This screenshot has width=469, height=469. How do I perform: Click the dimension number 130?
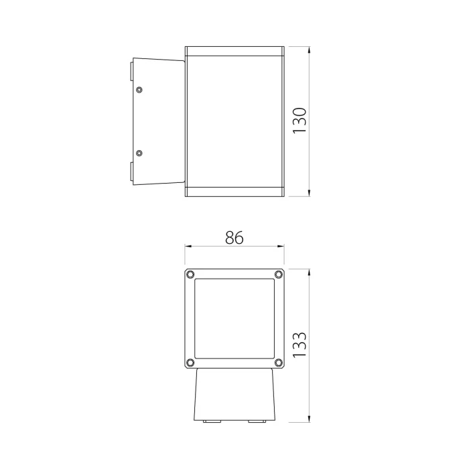pyautogui.click(x=299, y=121)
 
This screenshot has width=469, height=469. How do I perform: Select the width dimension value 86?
pyautogui.click(x=234, y=238)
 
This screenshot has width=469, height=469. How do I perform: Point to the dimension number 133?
pyautogui.click(x=299, y=346)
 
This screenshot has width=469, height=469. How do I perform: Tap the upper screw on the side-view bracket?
pyautogui.click(x=139, y=90)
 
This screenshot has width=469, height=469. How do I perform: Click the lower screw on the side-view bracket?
pyautogui.click(x=139, y=153)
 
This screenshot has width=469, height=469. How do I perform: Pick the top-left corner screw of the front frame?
pyautogui.click(x=190, y=274)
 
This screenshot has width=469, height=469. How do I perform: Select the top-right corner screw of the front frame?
pyautogui.click(x=278, y=274)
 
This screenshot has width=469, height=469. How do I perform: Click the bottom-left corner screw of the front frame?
pyautogui.click(x=190, y=362)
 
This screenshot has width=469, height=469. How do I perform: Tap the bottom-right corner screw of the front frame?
pyautogui.click(x=278, y=362)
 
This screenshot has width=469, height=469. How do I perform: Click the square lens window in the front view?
pyautogui.click(x=234, y=318)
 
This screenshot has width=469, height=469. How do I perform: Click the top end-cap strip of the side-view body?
pyautogui.click(x=234, y=51)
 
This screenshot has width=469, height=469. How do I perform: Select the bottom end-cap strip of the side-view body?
pyautogui.click(x=234, y=193)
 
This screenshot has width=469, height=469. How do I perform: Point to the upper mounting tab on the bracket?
pyautogui.click(x=130, y=70)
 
